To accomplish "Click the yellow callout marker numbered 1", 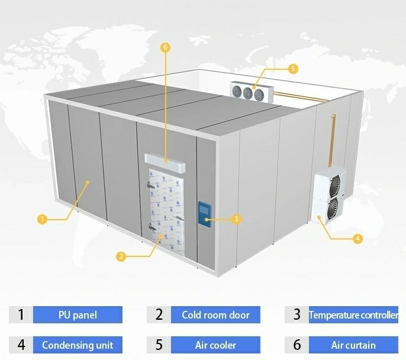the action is pos(42,219).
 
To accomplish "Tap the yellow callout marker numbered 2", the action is pos(121,256).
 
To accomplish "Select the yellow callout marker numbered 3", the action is pos(236,219).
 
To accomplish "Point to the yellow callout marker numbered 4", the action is pos(357,239).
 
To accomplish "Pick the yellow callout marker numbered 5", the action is pos(293,69).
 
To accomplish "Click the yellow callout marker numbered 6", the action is pos(165,47).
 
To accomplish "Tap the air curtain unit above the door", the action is pos(165,163).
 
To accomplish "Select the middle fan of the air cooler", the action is pos(248,93).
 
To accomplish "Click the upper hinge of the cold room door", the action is pos(151,185).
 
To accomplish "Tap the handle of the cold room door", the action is pos(179,218).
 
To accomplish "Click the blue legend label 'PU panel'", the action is pos(78,314).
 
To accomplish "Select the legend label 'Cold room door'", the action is pos(215,314).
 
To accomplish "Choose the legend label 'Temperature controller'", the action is pos(353,314).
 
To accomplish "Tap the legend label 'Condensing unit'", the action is pos(78,345).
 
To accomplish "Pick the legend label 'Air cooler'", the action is pos(215,345).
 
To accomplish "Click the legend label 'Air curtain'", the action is pos(353,345).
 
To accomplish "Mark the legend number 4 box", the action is pos(21,345).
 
